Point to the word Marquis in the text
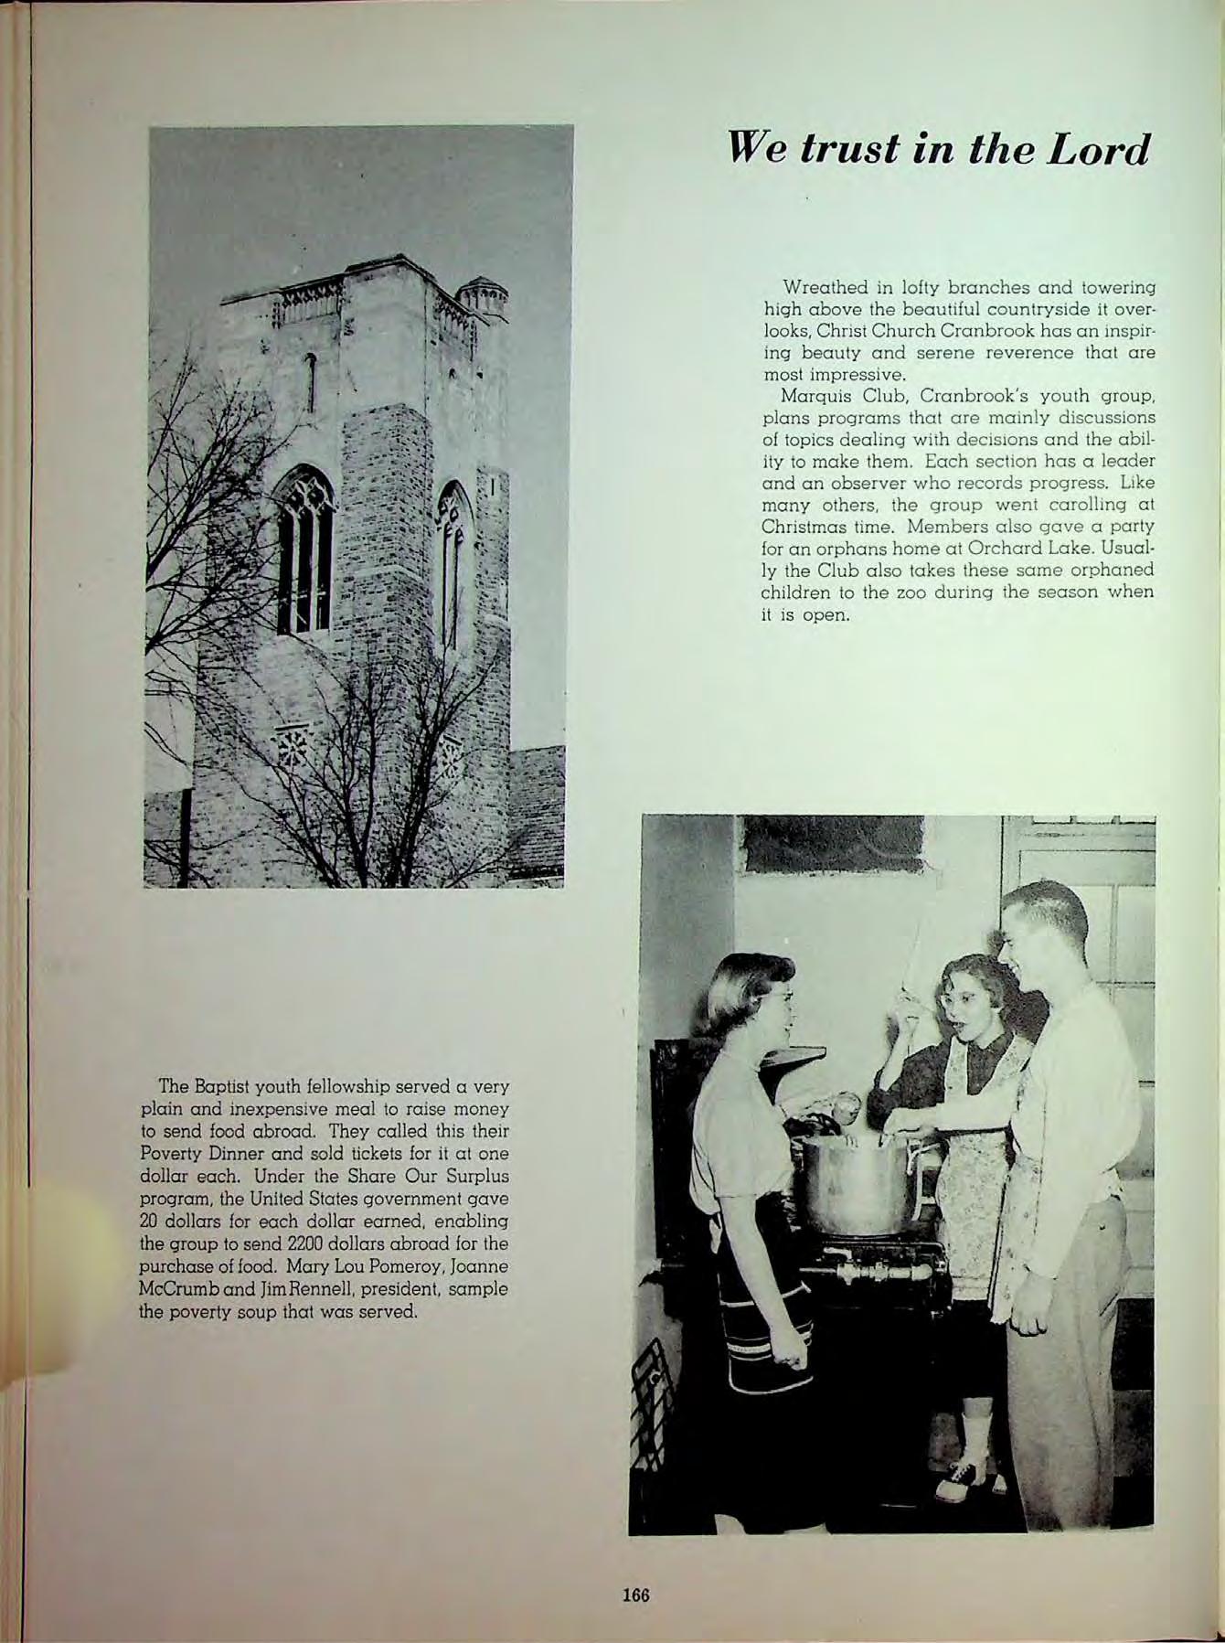click(808, 398)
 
